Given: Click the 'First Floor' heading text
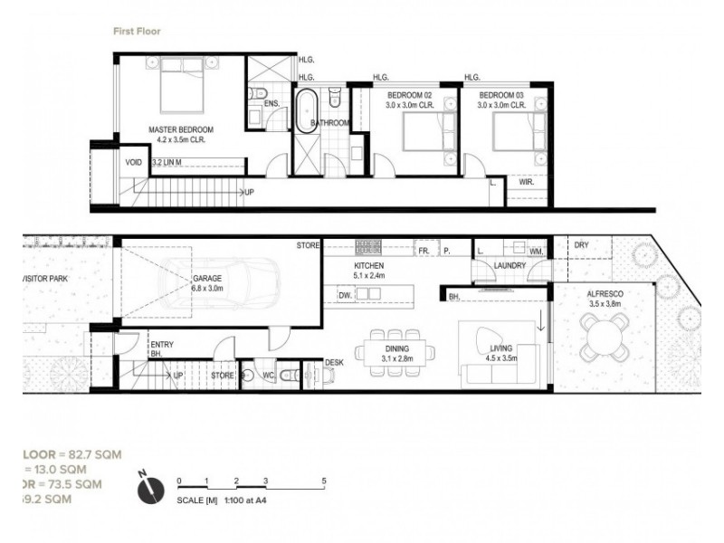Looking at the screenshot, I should coord(136,30).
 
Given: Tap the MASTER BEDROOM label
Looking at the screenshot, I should coord(181,129).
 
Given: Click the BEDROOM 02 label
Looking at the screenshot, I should coord(411,96).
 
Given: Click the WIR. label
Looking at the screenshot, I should coord(526,182).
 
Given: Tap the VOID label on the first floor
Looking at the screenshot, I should coord(134,163).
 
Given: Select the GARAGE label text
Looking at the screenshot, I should coord(206,280).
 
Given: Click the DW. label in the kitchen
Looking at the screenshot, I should coord(345,294).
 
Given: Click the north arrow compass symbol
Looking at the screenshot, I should coord(148,488).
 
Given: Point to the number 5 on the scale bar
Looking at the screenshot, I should coord(323,481).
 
